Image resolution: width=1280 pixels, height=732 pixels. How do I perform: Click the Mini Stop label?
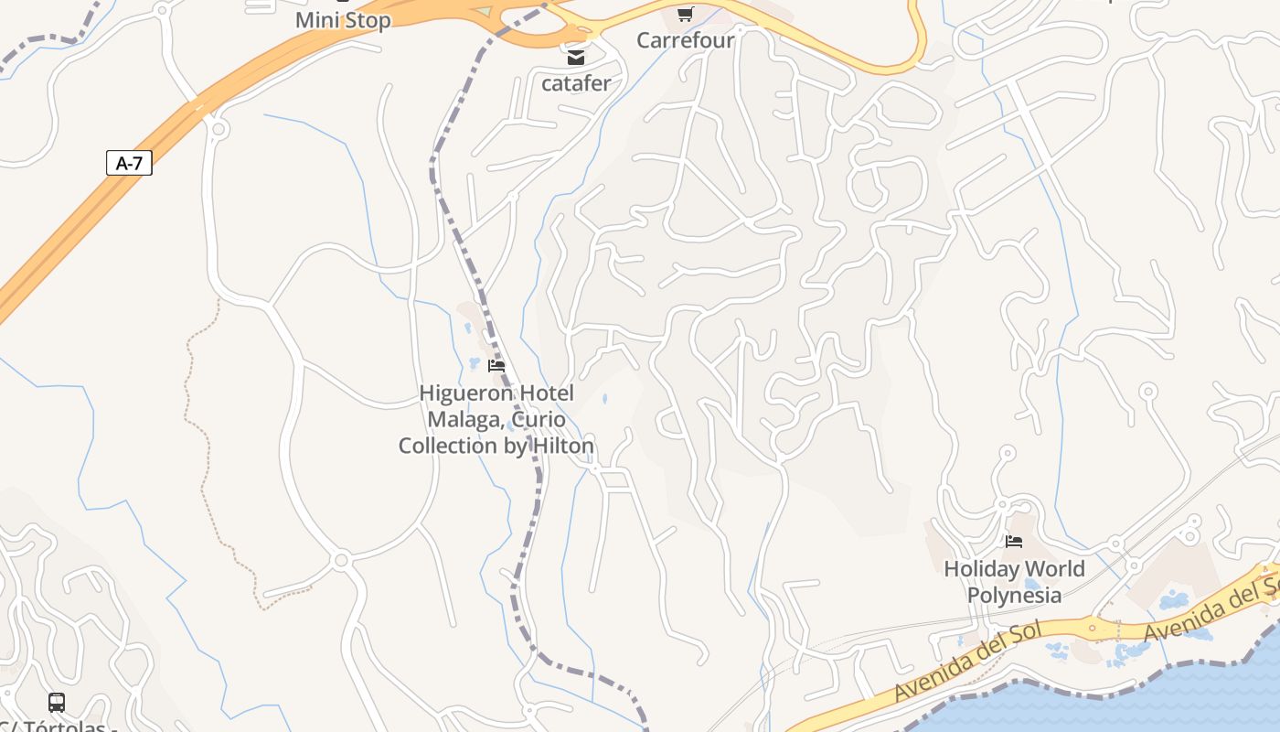[x=343, y=20]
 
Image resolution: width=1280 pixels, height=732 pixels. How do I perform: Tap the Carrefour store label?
[x=685, y=40]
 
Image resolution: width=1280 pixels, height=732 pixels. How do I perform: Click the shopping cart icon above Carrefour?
[x=685, y=14]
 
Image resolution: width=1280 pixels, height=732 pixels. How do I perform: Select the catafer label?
[x=576, y=83]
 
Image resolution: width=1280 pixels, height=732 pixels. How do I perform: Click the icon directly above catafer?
[x=576, y=58]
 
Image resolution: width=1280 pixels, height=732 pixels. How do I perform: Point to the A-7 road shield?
[x=129, y=164]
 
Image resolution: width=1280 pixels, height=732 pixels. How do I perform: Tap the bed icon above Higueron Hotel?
[x=496, y=366]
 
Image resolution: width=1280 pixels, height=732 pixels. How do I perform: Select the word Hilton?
[x=560, y=446]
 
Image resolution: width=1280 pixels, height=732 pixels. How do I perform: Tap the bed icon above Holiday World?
[x=1013, y=542]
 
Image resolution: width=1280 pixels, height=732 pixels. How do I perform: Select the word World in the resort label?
[x=1056, y=569]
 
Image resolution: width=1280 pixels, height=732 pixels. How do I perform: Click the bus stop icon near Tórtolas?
[x=57, y=703]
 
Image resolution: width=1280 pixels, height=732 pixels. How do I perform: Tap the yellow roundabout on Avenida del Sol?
[x=1092, y=628]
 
